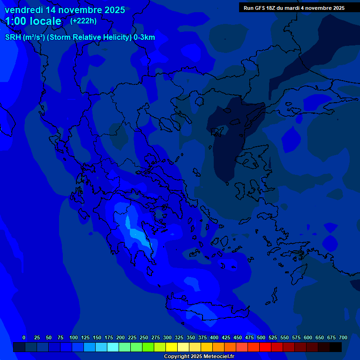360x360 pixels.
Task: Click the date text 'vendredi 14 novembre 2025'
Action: tap(65, 10)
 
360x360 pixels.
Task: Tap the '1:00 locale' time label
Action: tap(33, 21)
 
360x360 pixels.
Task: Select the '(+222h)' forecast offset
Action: tap(83, 21)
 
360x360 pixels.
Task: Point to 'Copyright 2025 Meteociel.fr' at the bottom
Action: tap(199, 356)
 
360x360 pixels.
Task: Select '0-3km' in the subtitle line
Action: tap(144, 37)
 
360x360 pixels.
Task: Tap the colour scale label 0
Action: tap(24, 337)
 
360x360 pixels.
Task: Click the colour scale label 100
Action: tap(74, 337)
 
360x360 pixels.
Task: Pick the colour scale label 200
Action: tap(120, 337)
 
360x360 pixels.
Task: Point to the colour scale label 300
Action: tap(167, 337)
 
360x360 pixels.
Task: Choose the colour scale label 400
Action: tap(214, 337)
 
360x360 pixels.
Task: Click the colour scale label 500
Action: tap(261, 337)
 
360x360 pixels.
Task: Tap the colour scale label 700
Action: tap(343, 337)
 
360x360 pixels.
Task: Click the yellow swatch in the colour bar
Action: tap(172, 347)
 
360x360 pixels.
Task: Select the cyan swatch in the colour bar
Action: tap(113, 347)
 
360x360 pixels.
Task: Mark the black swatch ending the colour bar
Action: tap(336, 347)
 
